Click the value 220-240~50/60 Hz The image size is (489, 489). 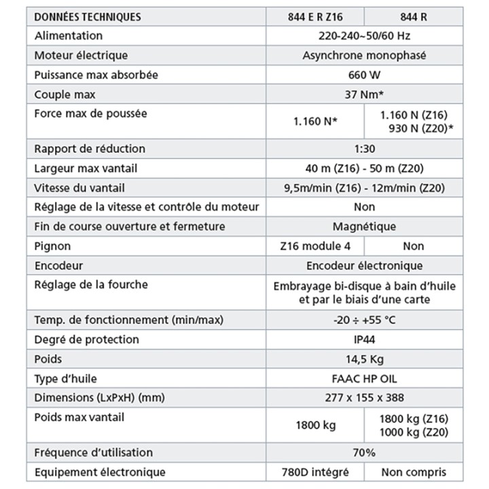point(364,35)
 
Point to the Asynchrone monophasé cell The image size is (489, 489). point(364,55)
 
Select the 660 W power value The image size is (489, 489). point(364,75)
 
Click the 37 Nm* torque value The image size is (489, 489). point(364,94)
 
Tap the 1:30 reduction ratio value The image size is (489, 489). point(364,149)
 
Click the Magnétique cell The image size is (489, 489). point(364,226)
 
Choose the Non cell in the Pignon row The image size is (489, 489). point(413,246)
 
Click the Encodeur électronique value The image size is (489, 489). point(364,266)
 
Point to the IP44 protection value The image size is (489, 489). point(364,339)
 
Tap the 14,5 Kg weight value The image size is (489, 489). point(364,359)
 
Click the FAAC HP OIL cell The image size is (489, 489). point(364,378)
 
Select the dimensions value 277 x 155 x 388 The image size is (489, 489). point(364,397)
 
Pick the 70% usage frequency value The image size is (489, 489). point(364,452)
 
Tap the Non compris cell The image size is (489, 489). point(413,472)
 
